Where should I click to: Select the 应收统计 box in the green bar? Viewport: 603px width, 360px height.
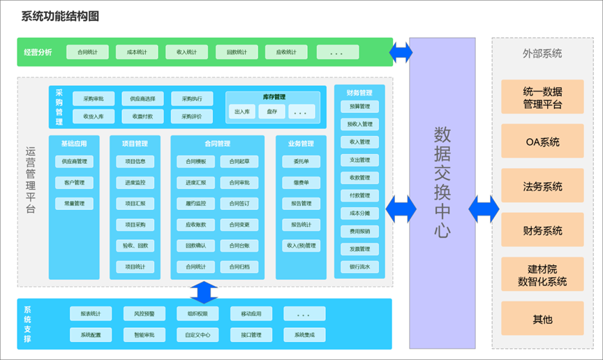[287, 52]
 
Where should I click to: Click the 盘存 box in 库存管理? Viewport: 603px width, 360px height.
[271, 112]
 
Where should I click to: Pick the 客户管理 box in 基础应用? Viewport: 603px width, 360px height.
[74, 183]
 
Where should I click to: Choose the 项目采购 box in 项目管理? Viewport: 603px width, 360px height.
[135, 225]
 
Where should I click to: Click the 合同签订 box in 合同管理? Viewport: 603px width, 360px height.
[239, 204]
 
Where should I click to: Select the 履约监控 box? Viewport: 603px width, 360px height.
[195, 204]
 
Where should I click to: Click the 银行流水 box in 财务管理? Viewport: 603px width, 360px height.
[359, 267]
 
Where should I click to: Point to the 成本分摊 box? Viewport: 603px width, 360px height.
[359, 213]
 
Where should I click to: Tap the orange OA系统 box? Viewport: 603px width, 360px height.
[542, 142]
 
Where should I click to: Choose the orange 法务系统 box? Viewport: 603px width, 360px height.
[542, 186]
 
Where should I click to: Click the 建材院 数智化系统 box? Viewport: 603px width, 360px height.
[542, 275]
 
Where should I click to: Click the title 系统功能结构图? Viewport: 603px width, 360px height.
[60, 16]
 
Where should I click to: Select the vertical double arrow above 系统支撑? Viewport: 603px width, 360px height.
[204, 292]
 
